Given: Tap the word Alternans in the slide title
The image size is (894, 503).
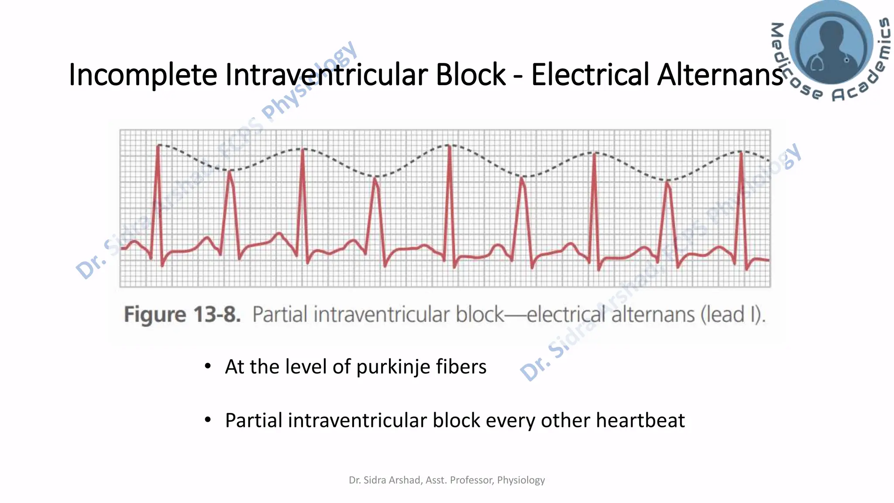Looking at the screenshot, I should click(720, 75).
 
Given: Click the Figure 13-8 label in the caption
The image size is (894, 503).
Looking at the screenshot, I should click(182, 315).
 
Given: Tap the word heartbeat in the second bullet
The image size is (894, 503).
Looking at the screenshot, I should click(640, 421).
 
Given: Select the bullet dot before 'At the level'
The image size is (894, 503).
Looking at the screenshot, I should click(208, 366).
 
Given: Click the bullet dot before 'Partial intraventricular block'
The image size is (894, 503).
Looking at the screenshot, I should click(208, 420).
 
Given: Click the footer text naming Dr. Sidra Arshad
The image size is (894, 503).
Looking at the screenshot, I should click(447, 480).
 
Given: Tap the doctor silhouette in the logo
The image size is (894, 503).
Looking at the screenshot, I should click(831, 44).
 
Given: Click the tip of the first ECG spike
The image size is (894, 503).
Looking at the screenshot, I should click(158, 145).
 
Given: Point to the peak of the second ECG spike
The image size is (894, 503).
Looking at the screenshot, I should click(230, 172).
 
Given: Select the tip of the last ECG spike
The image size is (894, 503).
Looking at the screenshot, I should click(741, 152).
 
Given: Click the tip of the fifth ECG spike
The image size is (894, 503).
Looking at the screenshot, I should click(449, 146).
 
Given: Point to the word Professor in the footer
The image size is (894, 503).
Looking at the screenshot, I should click(471, 480).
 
